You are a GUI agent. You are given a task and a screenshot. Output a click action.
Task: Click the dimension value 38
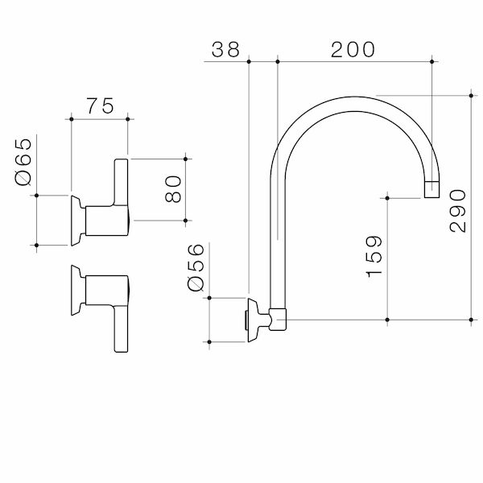[226, 49]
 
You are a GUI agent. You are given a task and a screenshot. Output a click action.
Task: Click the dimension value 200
[353, 49]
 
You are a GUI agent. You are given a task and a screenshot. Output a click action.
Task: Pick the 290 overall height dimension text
[456, 211]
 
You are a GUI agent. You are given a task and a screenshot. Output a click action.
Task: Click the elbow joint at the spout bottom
[278, 319]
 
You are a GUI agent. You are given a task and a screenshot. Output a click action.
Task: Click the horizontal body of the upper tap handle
[105, 221]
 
